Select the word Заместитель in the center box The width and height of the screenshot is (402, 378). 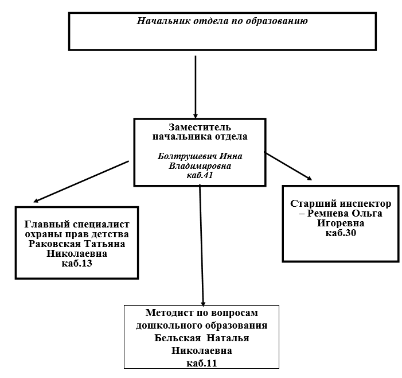pyautogui.click(x=200, y=127)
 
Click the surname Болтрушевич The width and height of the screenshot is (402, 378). pyautogui.click(x=186, y=156)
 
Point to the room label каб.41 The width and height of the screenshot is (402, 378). pyautogui.click(x=200, y=175)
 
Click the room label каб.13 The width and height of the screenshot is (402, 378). pyautogui.click(x=77, y=264)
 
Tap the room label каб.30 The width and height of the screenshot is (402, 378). pyautogui.click(x=341, y=233)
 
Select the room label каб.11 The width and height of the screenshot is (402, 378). pyautogui.click(x=201, y=364)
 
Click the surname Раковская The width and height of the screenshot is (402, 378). pyautogui.click(x=54, y=244)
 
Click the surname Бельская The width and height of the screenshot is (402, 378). pyautogui.click(x=178, y=338)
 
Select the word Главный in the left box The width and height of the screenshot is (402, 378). pyautogui.click(x=47, y=224)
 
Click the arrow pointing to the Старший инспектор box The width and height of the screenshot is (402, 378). pyautogui.click(x=288, y=166)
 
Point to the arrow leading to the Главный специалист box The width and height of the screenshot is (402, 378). pyautogui.click(x=81, y=182)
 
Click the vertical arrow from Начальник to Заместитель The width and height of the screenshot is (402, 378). pyautogui.click(x=196, y=87)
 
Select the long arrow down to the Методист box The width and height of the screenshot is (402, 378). pyautogui.click(x=201, y=246)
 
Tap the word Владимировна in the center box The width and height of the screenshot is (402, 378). pyautogui.click(x=200, y=166)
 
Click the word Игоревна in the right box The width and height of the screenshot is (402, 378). pyautogui.click(x=341, y=223)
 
